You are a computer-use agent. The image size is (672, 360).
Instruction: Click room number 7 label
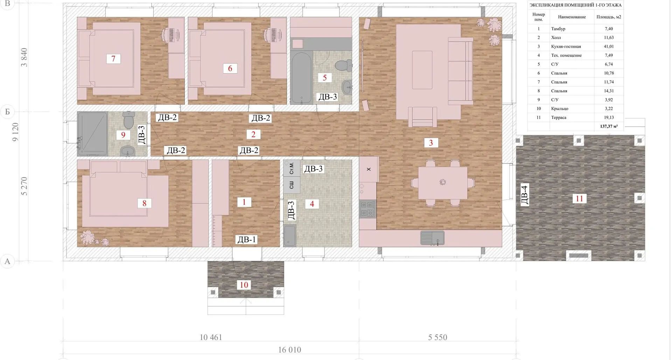113,58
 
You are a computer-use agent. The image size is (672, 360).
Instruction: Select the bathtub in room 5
301,78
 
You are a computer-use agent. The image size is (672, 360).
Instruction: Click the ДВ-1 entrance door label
247,240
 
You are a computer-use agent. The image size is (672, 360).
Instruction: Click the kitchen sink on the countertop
432,238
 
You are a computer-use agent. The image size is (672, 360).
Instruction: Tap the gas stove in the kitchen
367,209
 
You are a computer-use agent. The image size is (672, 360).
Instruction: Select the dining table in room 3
443,182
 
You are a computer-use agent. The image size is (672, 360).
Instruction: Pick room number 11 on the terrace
580,199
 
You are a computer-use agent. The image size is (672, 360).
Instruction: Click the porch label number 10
244,285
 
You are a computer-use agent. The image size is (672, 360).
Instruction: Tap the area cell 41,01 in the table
609,46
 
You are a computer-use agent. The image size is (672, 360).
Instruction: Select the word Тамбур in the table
558,29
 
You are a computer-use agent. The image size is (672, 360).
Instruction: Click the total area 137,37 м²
609,126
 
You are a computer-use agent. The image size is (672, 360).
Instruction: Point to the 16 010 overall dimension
290,349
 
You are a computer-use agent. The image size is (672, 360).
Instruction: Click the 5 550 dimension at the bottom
437,337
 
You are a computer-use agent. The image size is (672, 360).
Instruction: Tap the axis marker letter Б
7,112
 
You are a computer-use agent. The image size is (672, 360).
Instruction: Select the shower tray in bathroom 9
93,133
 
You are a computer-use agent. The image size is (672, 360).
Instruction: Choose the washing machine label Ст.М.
292,168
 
